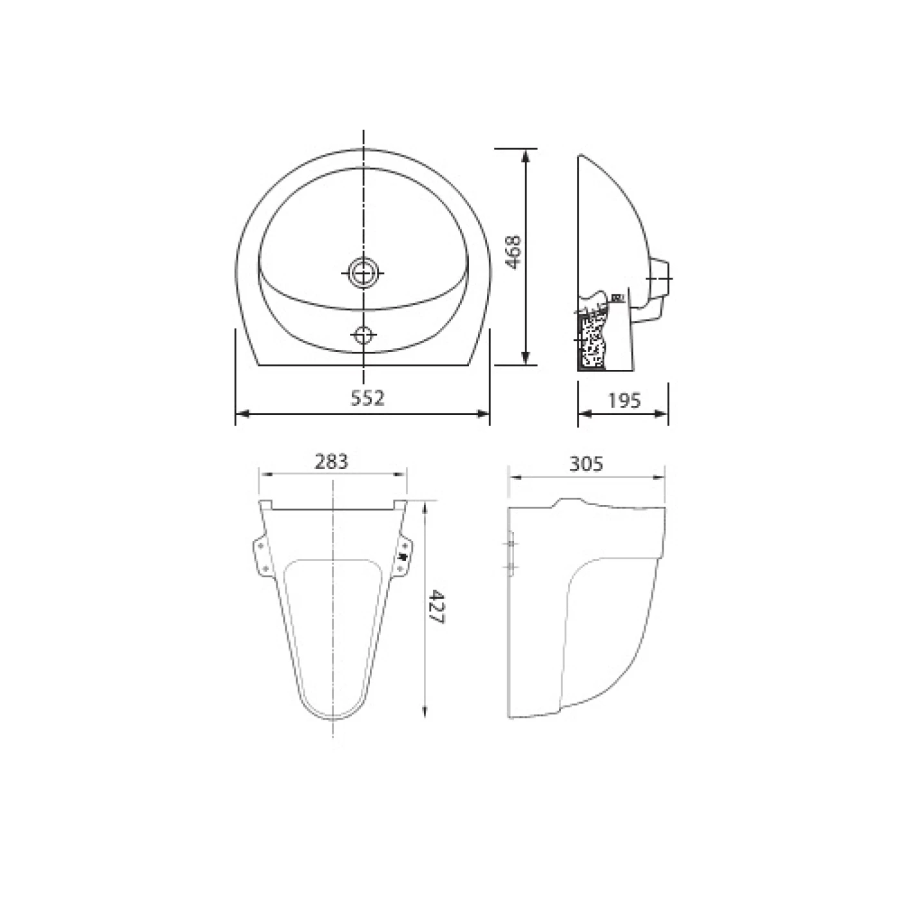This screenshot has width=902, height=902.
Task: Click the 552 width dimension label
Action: (367, 398)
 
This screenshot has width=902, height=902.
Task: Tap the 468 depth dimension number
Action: (513, 252)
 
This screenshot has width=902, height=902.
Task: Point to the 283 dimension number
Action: (331, 462)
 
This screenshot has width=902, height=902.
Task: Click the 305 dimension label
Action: (586, 464)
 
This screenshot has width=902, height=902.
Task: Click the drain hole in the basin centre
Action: (362, 273)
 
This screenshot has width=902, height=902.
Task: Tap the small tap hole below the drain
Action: (363, 334)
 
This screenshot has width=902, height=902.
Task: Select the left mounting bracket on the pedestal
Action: (263, 557)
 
